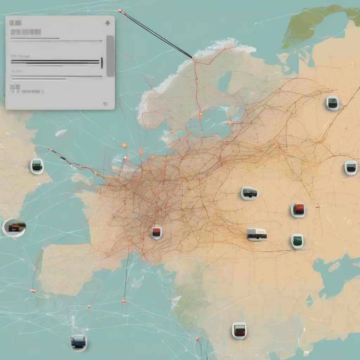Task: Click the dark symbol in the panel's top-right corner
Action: [x=108, y=24]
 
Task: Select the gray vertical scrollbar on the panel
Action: [x=110, y=56]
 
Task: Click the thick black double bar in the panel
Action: [x=55, y=62]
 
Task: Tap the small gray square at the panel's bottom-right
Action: [x=105, y=104]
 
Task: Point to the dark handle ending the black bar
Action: [x=101, y=63]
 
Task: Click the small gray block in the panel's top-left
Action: [x=15, y=23]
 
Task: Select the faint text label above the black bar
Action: [x=20, y=56]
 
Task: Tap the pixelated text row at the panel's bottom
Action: [x=27, y=91]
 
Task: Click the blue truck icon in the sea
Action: [x=78, y=341]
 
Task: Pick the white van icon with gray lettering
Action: [x=257, y=234]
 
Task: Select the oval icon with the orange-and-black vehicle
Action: [x=14, y=227]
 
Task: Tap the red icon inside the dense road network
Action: [x=157, y=232]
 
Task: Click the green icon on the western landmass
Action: [x=37, y=166]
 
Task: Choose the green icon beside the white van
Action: [x=297, y=241]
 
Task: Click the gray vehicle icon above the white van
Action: [x=250, y=193]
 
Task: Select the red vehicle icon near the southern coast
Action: [x=239, y=330]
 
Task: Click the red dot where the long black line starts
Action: [x=120, y=11]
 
